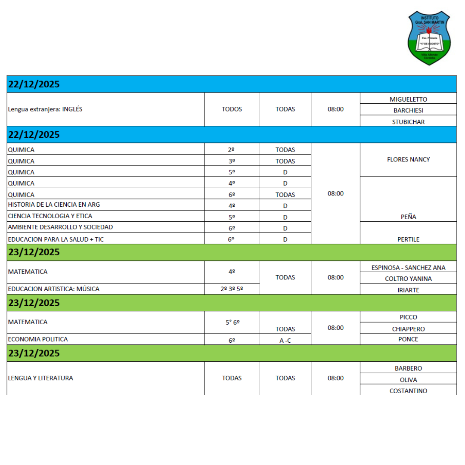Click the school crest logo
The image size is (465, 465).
coord(429,38)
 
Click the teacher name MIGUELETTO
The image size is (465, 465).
coord(408,99)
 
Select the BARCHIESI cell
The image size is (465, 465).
coord(408,110)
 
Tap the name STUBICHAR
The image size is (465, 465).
coord(408,122)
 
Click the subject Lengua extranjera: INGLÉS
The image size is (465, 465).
coord(45,109)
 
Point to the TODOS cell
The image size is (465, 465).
coord(232,109)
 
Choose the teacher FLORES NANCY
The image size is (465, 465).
coord(408,159)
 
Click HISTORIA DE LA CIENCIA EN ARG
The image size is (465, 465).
coord(54,205)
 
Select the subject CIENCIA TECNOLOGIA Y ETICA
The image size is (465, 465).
coord(50,216)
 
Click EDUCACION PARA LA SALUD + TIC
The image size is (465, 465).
coord(56,239)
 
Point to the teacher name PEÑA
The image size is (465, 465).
coord(408,217)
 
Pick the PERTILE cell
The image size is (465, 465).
coord(408,239)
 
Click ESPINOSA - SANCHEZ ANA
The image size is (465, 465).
coord(408,267)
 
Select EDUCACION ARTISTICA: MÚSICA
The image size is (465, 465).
coord(53,289)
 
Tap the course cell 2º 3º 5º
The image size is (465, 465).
coord(232,289)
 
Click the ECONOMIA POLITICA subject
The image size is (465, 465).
coord(38,339)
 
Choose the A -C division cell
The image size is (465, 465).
coord(285,340)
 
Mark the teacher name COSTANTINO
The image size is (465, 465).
coord(408,391)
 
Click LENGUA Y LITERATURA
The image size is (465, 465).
coord(40,378)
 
